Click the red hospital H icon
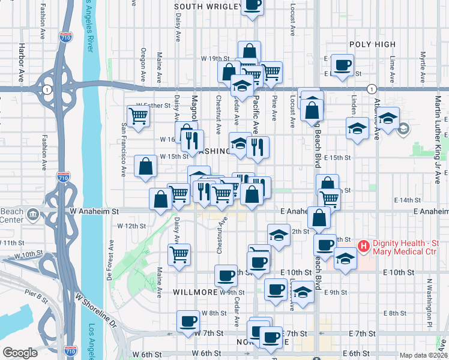(x=363, y=245)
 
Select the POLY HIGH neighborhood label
(x=372, y=44)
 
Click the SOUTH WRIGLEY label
(x=206, y=7)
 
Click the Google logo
(x=20, y=353)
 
